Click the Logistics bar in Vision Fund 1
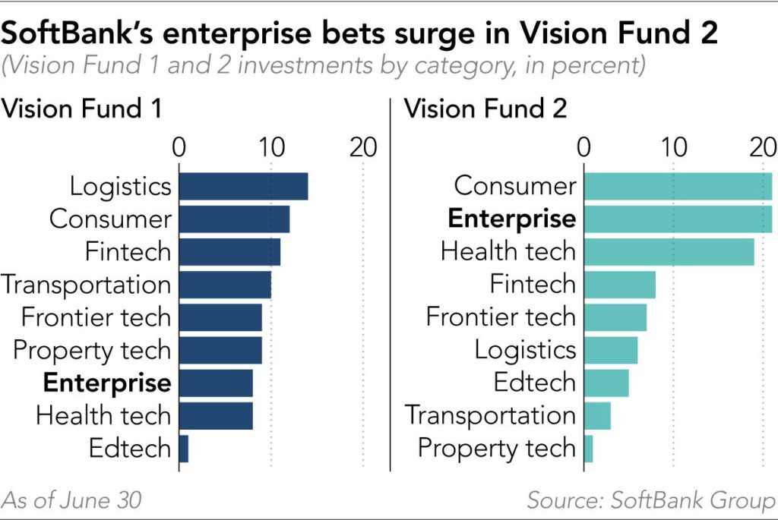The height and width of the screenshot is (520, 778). (243, 187)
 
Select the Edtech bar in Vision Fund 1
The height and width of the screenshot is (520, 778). (183, 448)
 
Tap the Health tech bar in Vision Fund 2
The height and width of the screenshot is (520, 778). (669, 251)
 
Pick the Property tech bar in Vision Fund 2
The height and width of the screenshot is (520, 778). (589, 448)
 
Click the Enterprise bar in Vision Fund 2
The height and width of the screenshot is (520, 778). (678, 219)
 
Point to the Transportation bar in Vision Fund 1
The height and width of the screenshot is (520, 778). (225, 285)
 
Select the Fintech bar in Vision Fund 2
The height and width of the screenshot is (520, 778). (619, 285)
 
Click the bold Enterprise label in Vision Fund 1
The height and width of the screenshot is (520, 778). (107, 383)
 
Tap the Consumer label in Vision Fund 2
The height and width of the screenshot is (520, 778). (515, 186)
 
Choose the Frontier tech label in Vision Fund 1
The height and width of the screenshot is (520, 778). (96, 317)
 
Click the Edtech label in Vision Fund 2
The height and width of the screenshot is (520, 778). (535, 383)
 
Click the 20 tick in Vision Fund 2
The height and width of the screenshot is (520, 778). (762, 147)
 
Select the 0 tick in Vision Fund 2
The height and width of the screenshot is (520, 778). (584, 147)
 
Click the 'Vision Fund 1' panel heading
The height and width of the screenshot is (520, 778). (82, 109)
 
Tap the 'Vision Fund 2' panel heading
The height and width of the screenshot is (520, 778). (485, 109)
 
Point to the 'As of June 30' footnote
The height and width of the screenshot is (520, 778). (72, 500)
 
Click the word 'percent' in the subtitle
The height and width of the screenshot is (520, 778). (597, 65)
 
